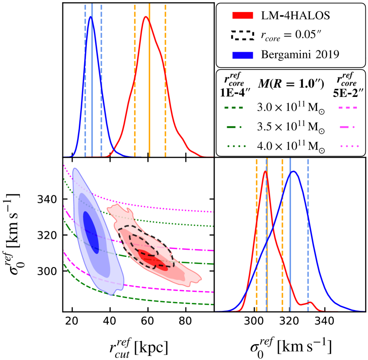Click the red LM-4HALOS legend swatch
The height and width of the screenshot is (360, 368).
pyautogui.click(x=243, y=15)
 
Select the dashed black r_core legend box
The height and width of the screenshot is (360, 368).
pyautogui.click(x=243, y=35)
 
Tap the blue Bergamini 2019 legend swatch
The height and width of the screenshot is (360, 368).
pyautogui.click(x=243, y=54)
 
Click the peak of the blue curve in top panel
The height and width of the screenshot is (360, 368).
pyautogui.click(x=90, y=17)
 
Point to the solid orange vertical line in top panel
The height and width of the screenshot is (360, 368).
pyautogui.click(x=149, y=80)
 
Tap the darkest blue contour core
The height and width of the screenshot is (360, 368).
pyautogui.click(x=92, y=232)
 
